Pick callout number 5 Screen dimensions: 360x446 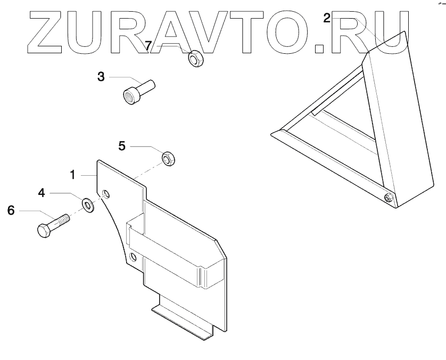point(122,145)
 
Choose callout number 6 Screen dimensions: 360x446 point(11,210)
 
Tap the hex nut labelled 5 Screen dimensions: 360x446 point(168,159)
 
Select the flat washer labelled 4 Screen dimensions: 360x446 point(87,204)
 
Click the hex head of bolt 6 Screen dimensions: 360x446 point(44,231)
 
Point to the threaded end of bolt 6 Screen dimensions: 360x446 point(64,219)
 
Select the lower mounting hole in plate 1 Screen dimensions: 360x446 point(133,258)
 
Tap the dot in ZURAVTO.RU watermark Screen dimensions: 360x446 point(320,48)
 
